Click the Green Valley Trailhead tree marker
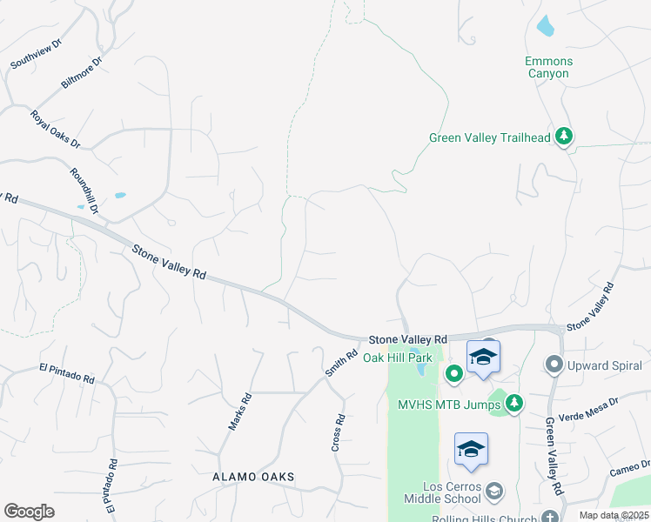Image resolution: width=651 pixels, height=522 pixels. point(564,137)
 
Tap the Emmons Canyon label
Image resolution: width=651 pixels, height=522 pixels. point(547,67)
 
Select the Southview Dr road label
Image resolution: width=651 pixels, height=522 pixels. point(36,53)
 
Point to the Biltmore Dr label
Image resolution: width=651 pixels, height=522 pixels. point(82,73)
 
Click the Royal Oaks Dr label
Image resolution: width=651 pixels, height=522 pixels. point(55,129)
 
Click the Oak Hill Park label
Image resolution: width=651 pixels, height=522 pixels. point(397,358)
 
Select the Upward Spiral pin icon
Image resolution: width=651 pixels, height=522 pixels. point(552,364)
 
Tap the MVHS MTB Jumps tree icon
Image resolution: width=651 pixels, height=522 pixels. point(514,403)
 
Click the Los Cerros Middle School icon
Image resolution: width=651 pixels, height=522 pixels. point(494,492)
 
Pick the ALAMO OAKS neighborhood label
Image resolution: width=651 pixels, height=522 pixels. point(254,478)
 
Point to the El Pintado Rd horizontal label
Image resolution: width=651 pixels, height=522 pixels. point(66,374)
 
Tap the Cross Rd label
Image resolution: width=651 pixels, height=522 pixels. point(339,432)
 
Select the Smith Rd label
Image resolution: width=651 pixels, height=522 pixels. point(342,363)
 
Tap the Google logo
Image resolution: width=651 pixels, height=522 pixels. point(29,512)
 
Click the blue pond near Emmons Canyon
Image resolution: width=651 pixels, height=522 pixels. point(545,27)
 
